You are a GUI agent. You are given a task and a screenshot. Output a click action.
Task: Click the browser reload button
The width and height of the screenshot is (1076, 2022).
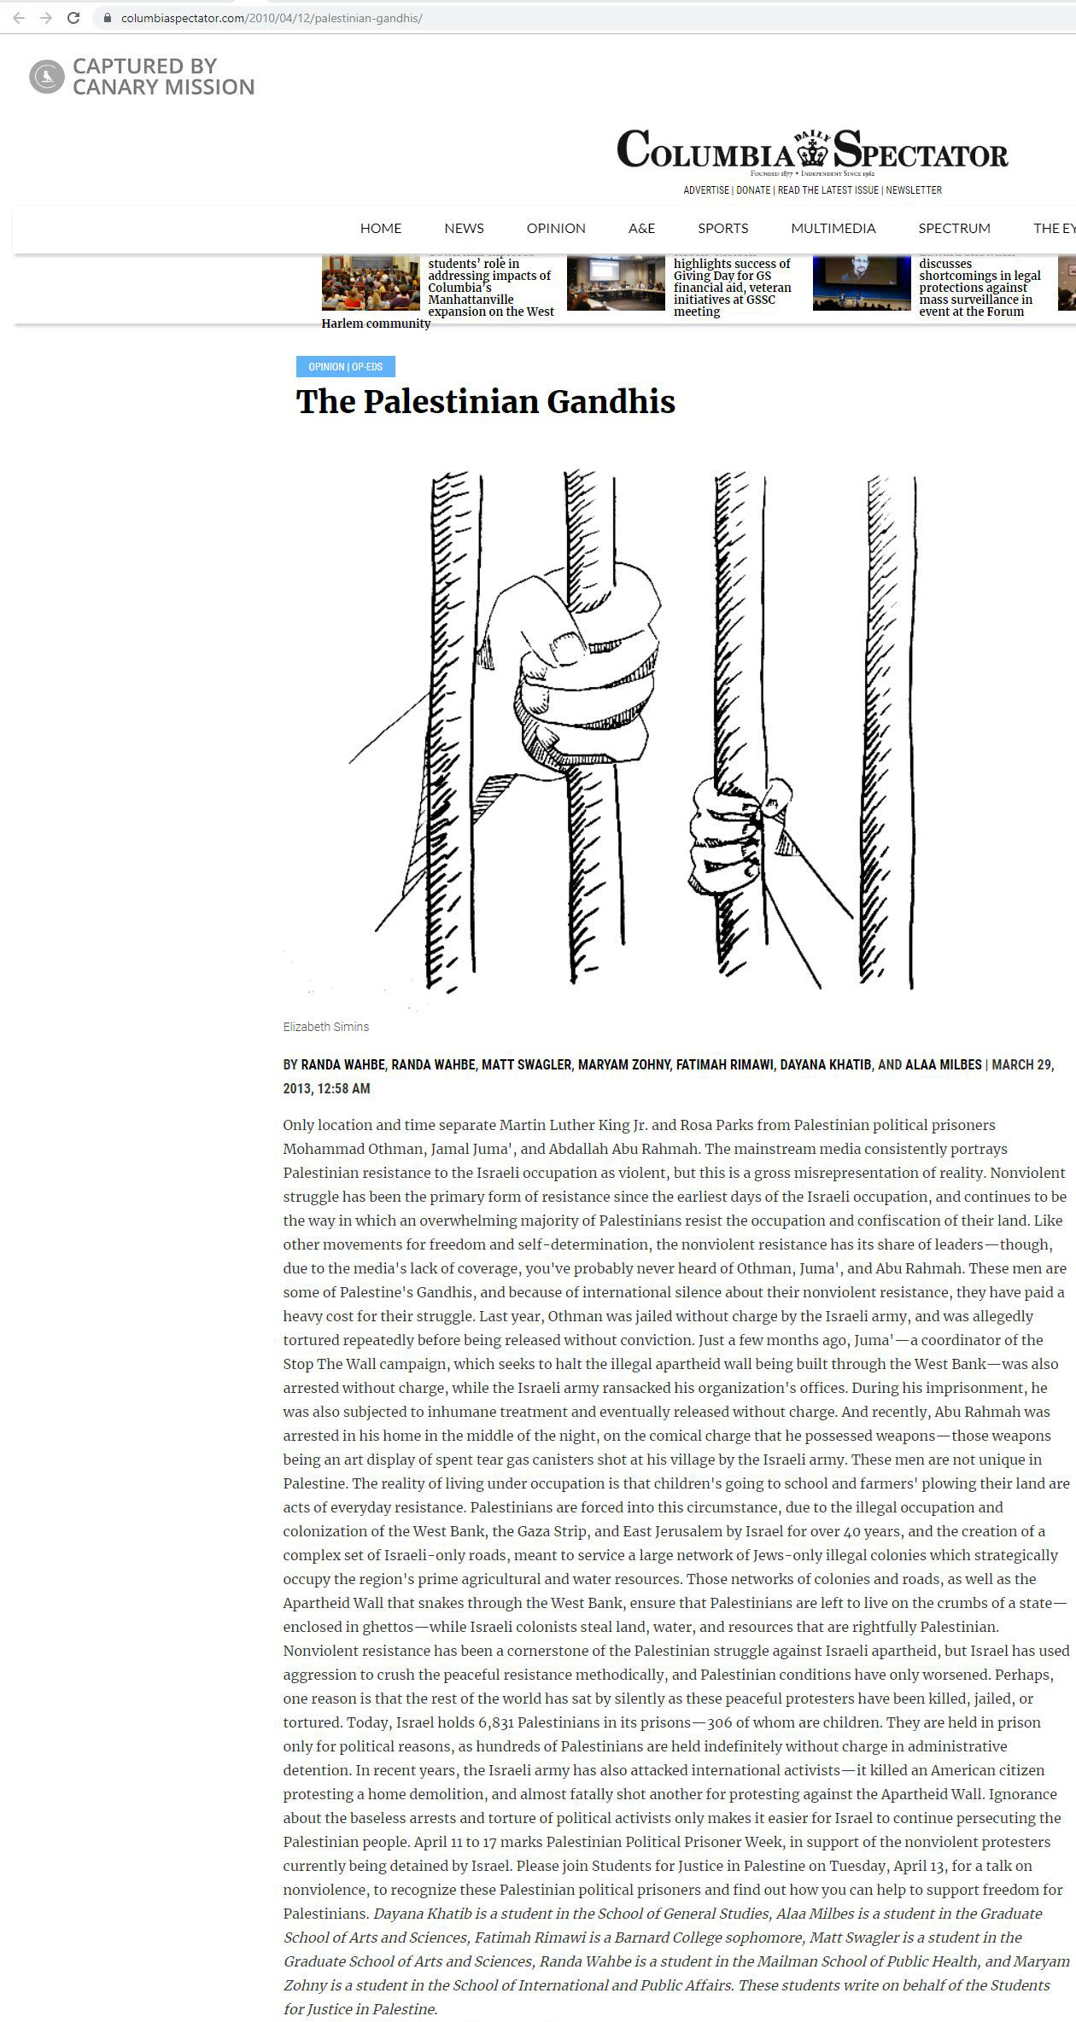(x=73, y=18)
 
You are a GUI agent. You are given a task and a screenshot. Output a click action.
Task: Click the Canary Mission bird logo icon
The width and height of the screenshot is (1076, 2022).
(x=47, y=77)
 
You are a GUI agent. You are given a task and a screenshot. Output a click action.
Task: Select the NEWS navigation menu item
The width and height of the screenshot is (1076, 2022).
(x=464, y=229)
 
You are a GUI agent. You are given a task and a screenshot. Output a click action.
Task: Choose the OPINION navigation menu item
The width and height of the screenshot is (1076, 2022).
(x=556, y=229)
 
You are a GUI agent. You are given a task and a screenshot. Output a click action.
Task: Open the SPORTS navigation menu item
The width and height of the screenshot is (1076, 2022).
(x=722, y=229)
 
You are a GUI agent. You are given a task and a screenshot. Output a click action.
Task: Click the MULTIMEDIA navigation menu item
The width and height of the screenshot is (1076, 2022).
(x=833, y=229)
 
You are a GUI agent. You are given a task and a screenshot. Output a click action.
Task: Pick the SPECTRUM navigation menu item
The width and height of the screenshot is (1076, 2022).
(x=954, y=229)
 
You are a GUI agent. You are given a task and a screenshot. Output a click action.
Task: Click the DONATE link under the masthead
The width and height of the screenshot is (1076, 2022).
(x=753, y=190)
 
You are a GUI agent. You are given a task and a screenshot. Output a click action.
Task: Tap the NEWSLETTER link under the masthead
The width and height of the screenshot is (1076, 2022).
(x=914, y=190)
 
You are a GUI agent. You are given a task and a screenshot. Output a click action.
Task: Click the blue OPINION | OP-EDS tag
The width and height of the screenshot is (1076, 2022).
(x=345, y=367)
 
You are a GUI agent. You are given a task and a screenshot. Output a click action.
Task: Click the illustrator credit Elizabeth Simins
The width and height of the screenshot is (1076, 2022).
(x=326, y=1027)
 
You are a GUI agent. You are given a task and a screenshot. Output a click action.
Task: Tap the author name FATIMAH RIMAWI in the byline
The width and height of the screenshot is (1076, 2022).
(x=724, y=1064)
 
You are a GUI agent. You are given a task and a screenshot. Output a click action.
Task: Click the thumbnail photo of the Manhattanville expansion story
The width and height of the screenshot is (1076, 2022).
(x=371, y=283)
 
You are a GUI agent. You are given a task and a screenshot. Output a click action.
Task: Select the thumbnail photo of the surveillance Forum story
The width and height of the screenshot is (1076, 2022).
(x=861, y=283)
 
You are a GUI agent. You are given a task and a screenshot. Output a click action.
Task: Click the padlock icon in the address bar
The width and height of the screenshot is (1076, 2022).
(x=107, y=18)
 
